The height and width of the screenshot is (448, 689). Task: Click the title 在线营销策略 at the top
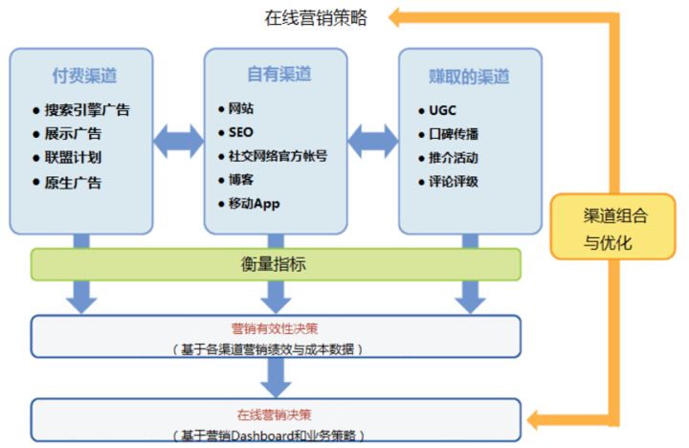point(316,18)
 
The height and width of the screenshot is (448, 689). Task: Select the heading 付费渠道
point(84,76)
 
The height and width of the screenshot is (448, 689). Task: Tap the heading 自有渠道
point(279,74)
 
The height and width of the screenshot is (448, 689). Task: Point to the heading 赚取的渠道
point(469,77)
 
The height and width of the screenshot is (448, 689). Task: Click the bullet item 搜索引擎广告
point(87,110)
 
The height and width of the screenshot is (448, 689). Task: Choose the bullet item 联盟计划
point(73,157)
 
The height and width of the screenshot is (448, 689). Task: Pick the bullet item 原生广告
point(73,183)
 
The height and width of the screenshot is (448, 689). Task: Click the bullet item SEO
point(241,132)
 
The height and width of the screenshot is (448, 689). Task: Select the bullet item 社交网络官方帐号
point(278,156)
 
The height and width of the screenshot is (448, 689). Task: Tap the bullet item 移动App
point(254,204)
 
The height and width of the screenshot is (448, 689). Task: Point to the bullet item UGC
point(442,110)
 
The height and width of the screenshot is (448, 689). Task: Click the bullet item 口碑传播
point(454,134)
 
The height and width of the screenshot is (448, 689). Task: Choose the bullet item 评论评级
point(454,182)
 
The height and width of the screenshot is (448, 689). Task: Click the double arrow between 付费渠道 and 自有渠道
point(178,141)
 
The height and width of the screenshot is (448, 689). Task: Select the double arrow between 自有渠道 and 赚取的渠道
point(373,141)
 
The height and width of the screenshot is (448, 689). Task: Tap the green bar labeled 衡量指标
point(276,264)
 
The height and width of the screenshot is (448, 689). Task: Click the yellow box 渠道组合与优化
point(612,227)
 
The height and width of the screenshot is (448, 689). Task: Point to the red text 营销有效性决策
point(275,328)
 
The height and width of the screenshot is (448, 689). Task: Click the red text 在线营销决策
point(275,414)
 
